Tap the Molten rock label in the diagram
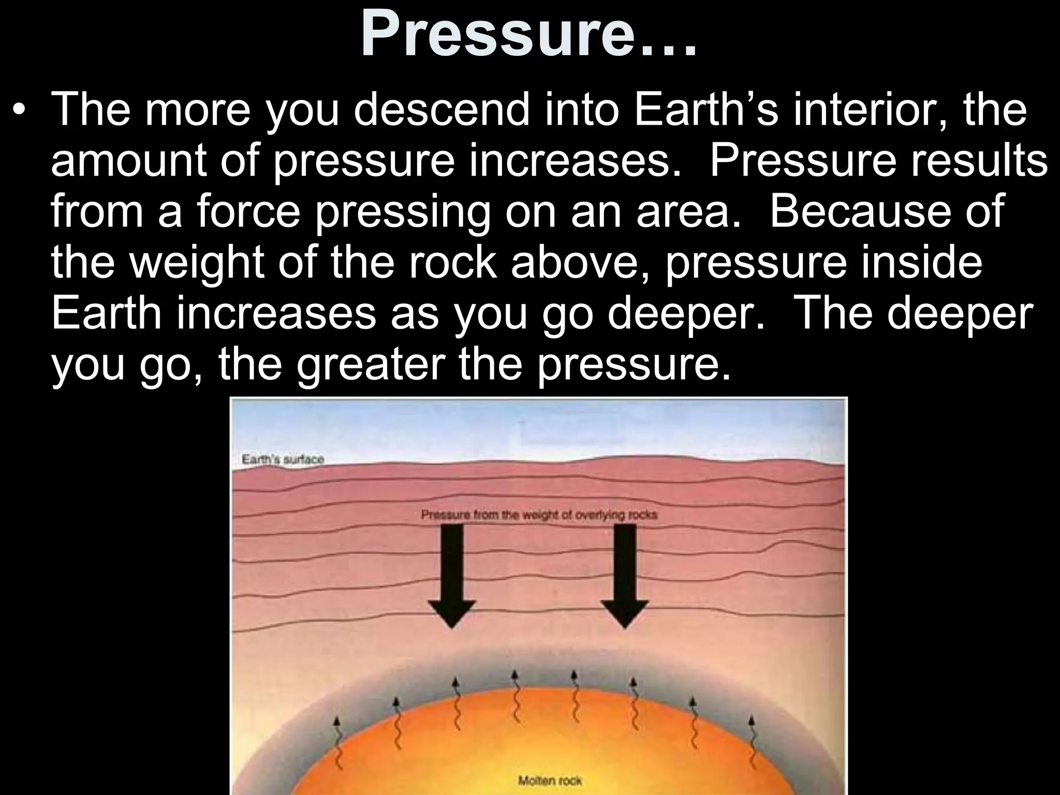[550, 781]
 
